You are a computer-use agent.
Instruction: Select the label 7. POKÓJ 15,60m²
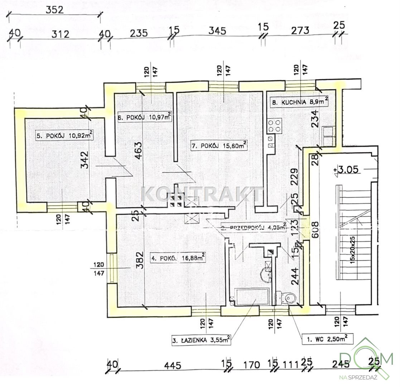click(219, 146)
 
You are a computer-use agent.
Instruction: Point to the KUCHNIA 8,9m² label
click(300, 102)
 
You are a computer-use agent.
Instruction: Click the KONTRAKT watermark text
click(202, 195)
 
